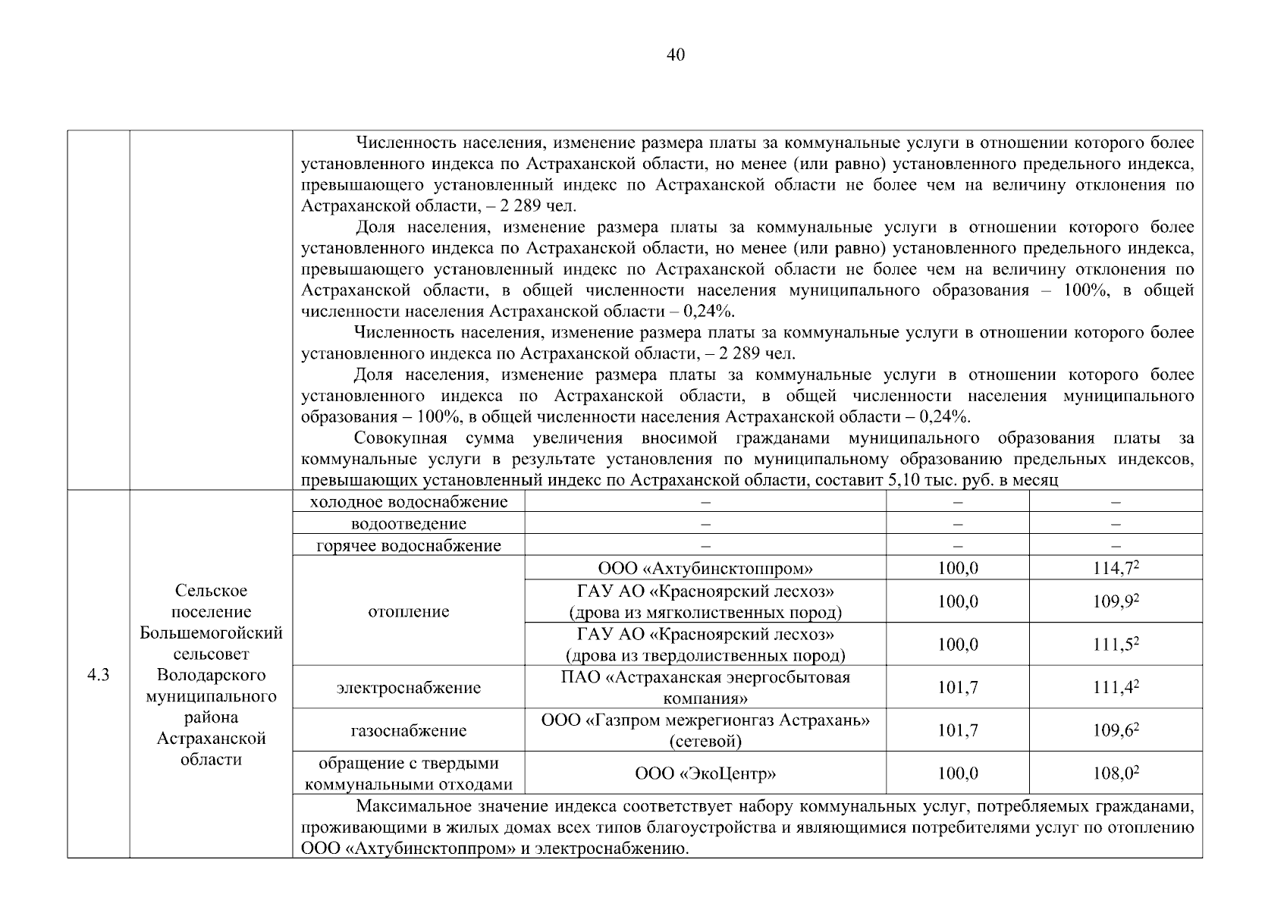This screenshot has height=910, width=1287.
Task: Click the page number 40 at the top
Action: pos(675,55)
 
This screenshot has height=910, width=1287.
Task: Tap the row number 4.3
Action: pos(99,675)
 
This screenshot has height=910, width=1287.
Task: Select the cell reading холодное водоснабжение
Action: pos(409,502)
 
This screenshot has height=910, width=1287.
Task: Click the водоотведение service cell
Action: pos(409,524)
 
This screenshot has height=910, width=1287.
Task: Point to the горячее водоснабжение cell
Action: pos(409,546)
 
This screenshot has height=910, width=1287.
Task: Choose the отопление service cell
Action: pos(409,611)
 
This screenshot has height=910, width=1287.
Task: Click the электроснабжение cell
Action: pos(409,688)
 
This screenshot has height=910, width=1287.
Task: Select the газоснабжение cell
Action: pos(409,731)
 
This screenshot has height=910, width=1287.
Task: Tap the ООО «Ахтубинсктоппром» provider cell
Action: pos(705,568)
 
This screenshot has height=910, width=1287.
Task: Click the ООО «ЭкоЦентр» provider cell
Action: pos(705,773)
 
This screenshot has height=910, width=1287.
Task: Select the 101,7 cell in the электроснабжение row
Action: pos(958,688)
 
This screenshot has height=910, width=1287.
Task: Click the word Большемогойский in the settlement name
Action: pos(211,633)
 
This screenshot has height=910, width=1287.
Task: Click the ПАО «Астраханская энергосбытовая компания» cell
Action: pos(705,688)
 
